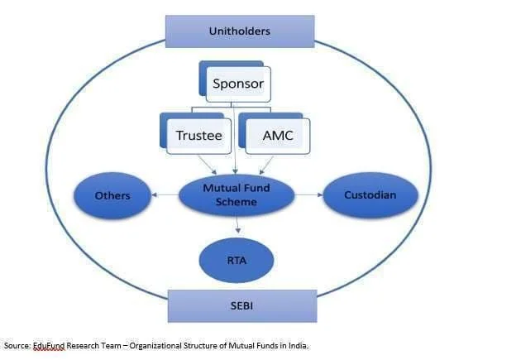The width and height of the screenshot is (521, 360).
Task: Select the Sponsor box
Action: tap(237, 84)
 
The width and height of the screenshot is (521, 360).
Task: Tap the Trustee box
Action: tap(199, 135)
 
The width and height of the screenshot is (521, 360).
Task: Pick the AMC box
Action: tap(277, 135)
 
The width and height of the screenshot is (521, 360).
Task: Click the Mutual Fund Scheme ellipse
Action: tap(237, 195)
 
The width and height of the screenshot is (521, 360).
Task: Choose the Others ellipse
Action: tap(112, 195)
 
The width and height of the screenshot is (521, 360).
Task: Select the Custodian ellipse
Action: tap(370, 195)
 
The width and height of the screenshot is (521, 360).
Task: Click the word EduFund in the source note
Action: tap(52, 345)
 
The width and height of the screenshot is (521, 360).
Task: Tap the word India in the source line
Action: tap(294, 345)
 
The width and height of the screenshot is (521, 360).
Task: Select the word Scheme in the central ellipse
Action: tap(237, 203)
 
